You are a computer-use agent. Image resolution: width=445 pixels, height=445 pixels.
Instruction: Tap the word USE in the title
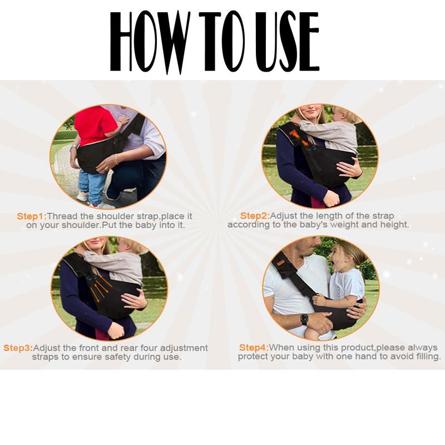(287, 42)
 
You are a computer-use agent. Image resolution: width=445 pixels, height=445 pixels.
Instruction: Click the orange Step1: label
(32, 216)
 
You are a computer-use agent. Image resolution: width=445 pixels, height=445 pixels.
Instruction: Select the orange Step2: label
(255, 216)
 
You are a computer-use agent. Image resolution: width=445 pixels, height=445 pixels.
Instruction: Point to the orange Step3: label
(18, 348)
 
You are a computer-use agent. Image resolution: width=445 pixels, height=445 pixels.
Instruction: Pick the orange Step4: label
(254, 347)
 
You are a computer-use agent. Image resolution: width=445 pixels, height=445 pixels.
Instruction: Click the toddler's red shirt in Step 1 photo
(95, 125)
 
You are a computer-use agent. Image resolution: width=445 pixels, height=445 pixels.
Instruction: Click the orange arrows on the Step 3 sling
(100, 289)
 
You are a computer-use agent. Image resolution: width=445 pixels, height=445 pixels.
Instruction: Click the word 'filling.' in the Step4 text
(427, 356)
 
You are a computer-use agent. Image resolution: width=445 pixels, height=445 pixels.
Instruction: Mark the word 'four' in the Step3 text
(149, 348)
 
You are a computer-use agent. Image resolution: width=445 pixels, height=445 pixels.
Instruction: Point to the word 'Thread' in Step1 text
(62, 216)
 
